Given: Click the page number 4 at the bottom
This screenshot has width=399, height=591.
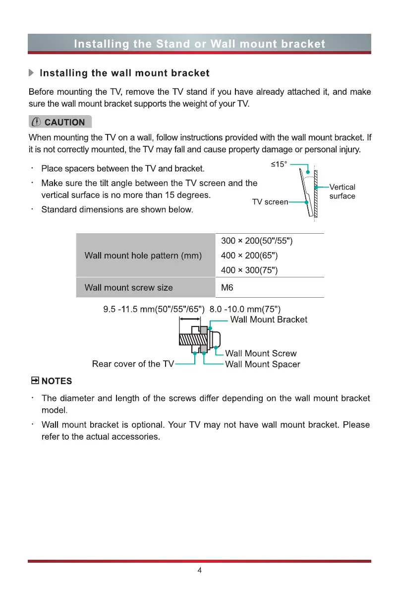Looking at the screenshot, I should click(199, 570).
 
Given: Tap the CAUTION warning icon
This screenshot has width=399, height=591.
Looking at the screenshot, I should click(37, 122).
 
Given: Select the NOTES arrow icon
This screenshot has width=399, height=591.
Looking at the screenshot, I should click(35, 381).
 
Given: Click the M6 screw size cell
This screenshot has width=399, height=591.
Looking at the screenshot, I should click(227, 287).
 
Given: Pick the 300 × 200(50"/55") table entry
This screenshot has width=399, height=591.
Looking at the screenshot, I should click(257, 241).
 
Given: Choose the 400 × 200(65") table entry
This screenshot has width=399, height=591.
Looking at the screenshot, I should click(249, 256).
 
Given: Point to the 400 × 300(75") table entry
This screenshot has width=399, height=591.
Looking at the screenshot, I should click(249, 270).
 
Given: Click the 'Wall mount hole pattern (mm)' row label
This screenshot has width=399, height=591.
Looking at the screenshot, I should click(143, 256).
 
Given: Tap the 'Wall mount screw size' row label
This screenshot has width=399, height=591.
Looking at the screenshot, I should click(129, 287).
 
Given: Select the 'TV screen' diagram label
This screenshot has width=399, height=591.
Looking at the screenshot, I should click(270, 202).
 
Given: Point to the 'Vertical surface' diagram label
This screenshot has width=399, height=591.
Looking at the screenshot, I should click(342, 192).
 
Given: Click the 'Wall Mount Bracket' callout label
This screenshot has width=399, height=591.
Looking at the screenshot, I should click(269, 320).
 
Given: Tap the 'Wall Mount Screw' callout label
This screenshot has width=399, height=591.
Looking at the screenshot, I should click(261, 353).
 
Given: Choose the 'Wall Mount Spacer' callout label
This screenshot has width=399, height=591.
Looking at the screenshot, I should click(263, 364).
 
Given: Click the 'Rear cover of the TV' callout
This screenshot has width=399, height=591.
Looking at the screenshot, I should click(133, 364).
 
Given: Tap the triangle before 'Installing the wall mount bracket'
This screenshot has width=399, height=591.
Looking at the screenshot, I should click(32, 73).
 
